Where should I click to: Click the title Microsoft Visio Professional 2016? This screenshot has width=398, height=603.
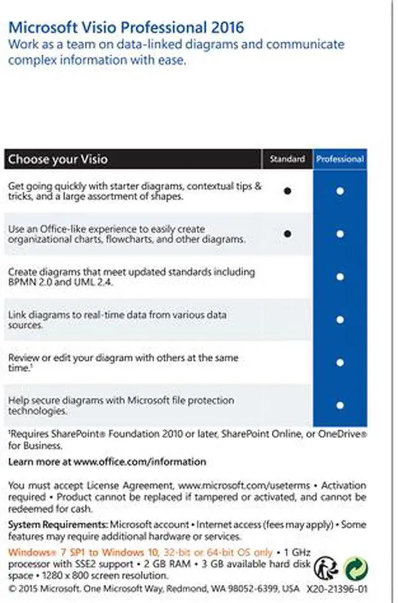click(125, 27)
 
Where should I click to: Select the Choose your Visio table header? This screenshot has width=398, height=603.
click(58, 159)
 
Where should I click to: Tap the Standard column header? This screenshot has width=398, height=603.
click(287, 159)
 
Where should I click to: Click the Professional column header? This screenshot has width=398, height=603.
click(340, 159)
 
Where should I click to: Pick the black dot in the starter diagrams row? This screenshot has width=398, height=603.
click(287, 191)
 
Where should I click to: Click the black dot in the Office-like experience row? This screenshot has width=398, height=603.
click(287, 234)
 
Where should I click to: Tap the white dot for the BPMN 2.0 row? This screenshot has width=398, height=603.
click(340, 277)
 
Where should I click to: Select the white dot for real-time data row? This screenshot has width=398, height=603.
click(340, 319)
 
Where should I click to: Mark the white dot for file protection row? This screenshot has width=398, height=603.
click(340, 405)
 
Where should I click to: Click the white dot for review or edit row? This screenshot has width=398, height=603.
click(340, 362)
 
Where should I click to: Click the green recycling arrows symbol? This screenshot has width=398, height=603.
click(356, 568)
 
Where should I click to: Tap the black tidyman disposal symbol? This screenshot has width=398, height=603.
click(326, 568)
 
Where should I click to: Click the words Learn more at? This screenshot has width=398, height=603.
click(39, 462)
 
